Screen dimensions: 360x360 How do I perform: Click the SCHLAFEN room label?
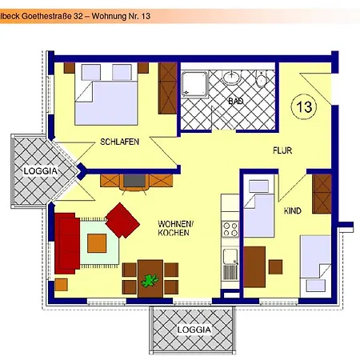(120, 142)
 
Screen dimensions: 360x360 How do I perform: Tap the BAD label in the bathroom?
(235, 102)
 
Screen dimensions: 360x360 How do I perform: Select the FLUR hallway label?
(282, 150)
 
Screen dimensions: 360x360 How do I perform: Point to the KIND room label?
(294, 210)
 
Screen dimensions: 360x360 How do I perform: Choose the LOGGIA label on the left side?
(39, 170)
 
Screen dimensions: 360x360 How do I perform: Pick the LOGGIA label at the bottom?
(194, 329)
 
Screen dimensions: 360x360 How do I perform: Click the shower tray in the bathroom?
(194, 84)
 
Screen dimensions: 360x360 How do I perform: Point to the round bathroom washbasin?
(232, 78)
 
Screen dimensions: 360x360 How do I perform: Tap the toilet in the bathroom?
(262, 80)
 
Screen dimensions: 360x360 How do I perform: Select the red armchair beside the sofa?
(122, 220)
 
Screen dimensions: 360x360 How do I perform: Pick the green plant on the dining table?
(148, 281)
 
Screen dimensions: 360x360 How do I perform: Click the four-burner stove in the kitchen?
(230, 230)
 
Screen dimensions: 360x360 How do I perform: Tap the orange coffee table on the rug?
(97, 242)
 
